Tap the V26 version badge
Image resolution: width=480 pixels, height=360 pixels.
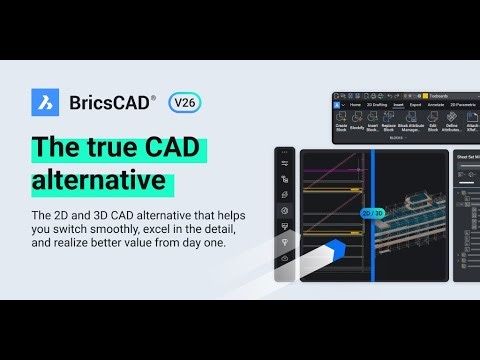tap(184, 102)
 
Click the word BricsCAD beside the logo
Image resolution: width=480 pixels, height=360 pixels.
tap(113, 102)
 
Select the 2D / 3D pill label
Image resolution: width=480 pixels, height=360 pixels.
tap(372, 213)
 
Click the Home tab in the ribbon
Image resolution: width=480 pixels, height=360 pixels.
tap(354, 104)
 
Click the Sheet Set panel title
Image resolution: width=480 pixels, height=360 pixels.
tap(467, 157)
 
